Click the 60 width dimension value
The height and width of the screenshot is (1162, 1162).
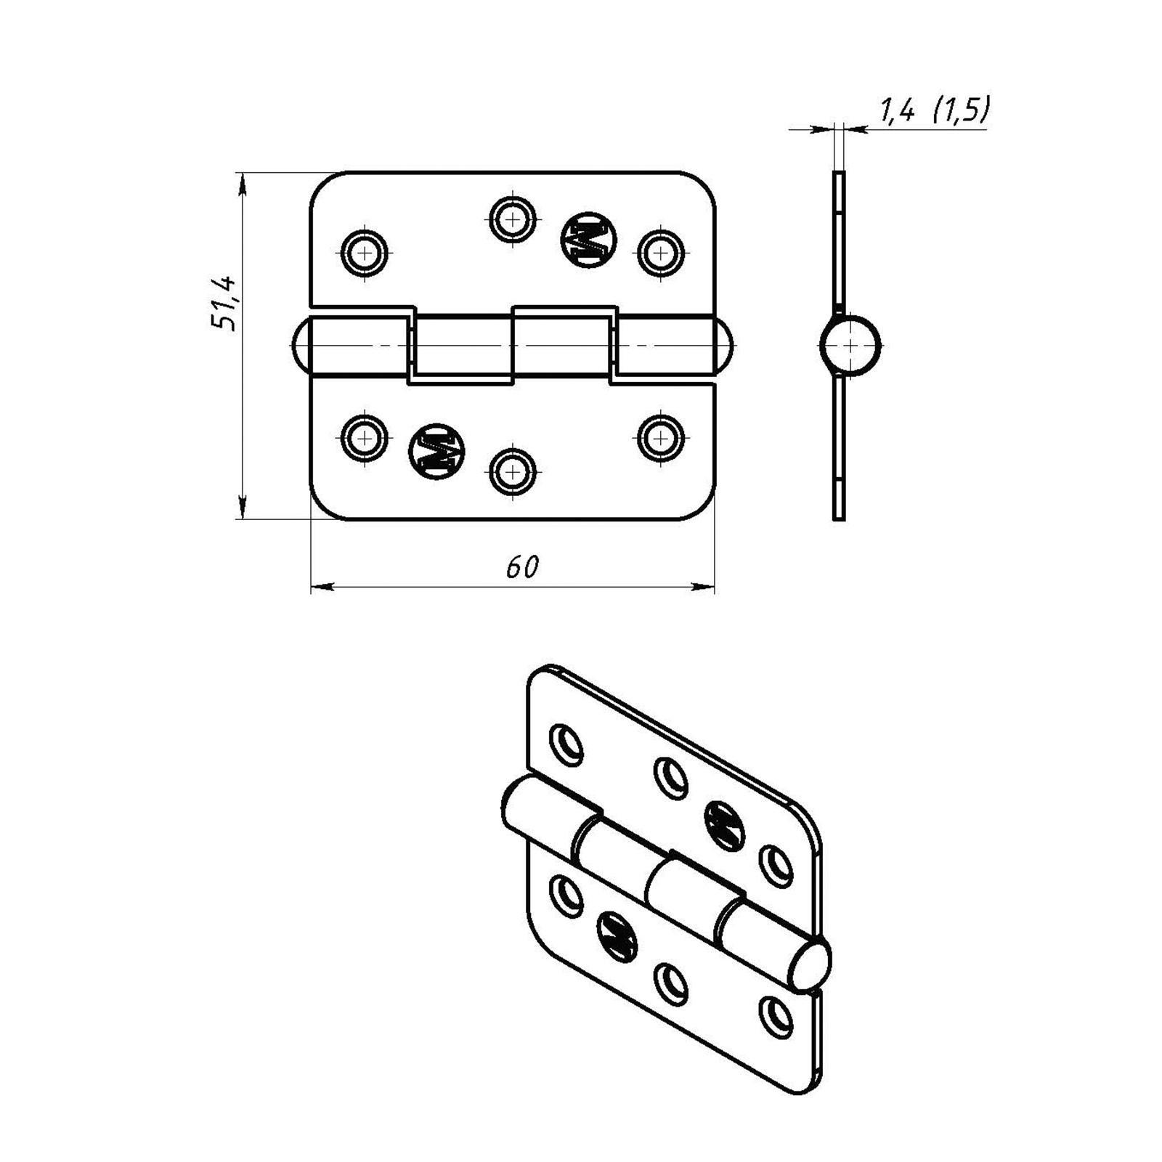[522, 567]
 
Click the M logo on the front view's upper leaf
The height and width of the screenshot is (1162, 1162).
[588, 240]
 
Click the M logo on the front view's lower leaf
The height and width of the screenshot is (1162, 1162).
[436, 451]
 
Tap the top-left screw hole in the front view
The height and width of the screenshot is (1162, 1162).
[365, 253]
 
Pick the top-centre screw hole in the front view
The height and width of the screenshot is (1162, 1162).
[513, 218]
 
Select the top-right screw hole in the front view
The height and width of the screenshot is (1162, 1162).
[660, 253]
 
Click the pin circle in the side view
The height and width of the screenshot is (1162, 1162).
[850, 346]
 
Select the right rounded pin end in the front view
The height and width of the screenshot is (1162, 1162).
[724, 346]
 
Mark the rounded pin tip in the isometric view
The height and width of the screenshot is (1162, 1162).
[809, 966]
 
